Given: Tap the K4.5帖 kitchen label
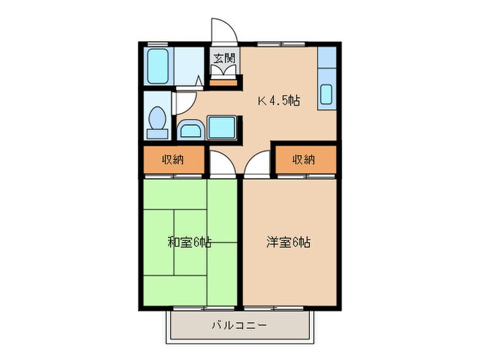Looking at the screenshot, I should pos(279,101).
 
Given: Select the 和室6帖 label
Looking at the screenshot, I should pos(189,242).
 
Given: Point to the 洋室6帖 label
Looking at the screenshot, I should pos(289,242).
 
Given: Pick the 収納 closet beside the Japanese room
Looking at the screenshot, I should pos(173,160).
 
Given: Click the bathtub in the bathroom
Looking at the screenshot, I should pos(158,64).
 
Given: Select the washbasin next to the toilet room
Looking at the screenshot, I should pos(189,128).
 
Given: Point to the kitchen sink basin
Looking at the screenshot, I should pos(326,93).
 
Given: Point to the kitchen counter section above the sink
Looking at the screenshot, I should pos(326,59).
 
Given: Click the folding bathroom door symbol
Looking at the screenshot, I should pos(197,82).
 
